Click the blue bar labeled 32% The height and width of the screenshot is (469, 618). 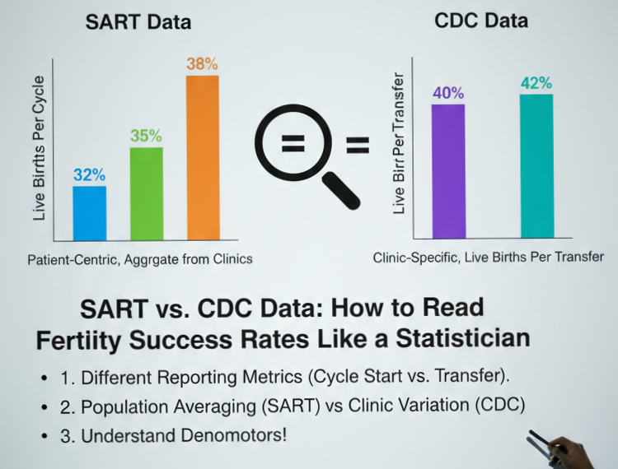(89, 212)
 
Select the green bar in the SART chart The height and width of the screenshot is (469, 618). (146, 193)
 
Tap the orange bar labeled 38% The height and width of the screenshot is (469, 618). (203, 156)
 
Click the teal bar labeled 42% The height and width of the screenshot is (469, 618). (536, 165)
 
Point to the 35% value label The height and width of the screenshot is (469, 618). (146, 136)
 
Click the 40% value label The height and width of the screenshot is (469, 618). (448, 92)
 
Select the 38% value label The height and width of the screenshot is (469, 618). (203, 63)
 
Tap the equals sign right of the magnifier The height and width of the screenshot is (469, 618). (357, 146)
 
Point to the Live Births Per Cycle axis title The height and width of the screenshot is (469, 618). (39, 148)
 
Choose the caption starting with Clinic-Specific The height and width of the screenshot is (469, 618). (488, 258)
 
